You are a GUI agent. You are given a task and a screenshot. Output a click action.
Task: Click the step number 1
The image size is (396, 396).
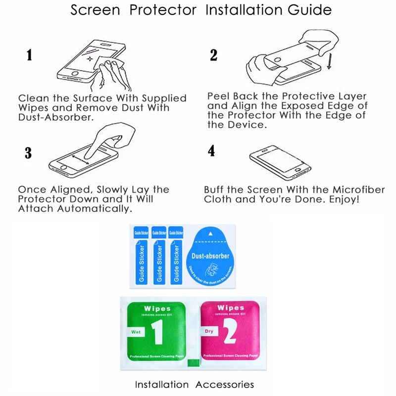(x=30, y=55)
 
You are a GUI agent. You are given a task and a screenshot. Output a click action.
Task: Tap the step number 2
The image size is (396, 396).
(x=214, y=55)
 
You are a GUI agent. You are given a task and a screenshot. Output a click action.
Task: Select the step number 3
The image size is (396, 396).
(x=28, y=153)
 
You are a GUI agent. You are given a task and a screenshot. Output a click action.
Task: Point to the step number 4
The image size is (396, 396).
(x=212, y=151)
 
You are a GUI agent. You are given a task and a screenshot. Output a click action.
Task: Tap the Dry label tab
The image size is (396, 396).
(x=208, y=331)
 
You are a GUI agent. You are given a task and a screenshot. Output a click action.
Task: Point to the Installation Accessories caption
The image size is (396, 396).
(x=195, y=385)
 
